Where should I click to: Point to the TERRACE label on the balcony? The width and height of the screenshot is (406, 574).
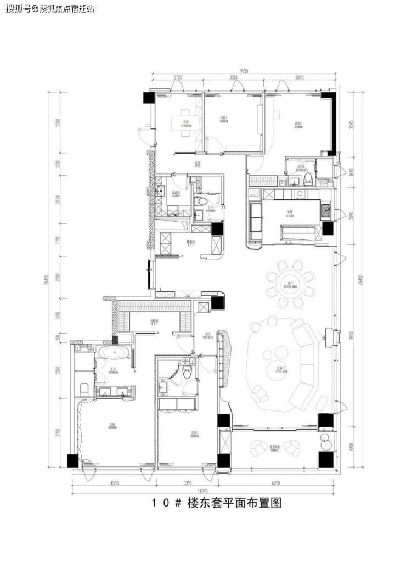[x=276, y=448]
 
